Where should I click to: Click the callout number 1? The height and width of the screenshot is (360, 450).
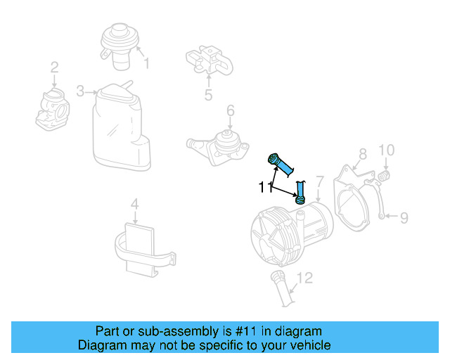point(146,64)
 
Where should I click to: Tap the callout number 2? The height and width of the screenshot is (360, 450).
point(53,68)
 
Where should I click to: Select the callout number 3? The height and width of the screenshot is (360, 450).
point(80,91)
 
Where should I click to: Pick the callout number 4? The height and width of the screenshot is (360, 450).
point(135,205)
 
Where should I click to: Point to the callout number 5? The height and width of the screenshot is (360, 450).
point(208,95)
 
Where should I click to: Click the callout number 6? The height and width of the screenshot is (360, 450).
point(230,110)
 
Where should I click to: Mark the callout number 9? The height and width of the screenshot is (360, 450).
point(404,217)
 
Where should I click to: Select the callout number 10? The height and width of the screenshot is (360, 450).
point(387,150)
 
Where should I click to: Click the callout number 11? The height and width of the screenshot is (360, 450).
point(264,188)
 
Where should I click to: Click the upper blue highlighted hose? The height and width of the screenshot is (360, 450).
point(283,165)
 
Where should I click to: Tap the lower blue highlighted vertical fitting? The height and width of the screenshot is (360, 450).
point(300,193)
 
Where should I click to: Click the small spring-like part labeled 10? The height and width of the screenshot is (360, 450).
point(385,174)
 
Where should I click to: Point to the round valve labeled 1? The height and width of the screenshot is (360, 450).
point(118,42)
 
